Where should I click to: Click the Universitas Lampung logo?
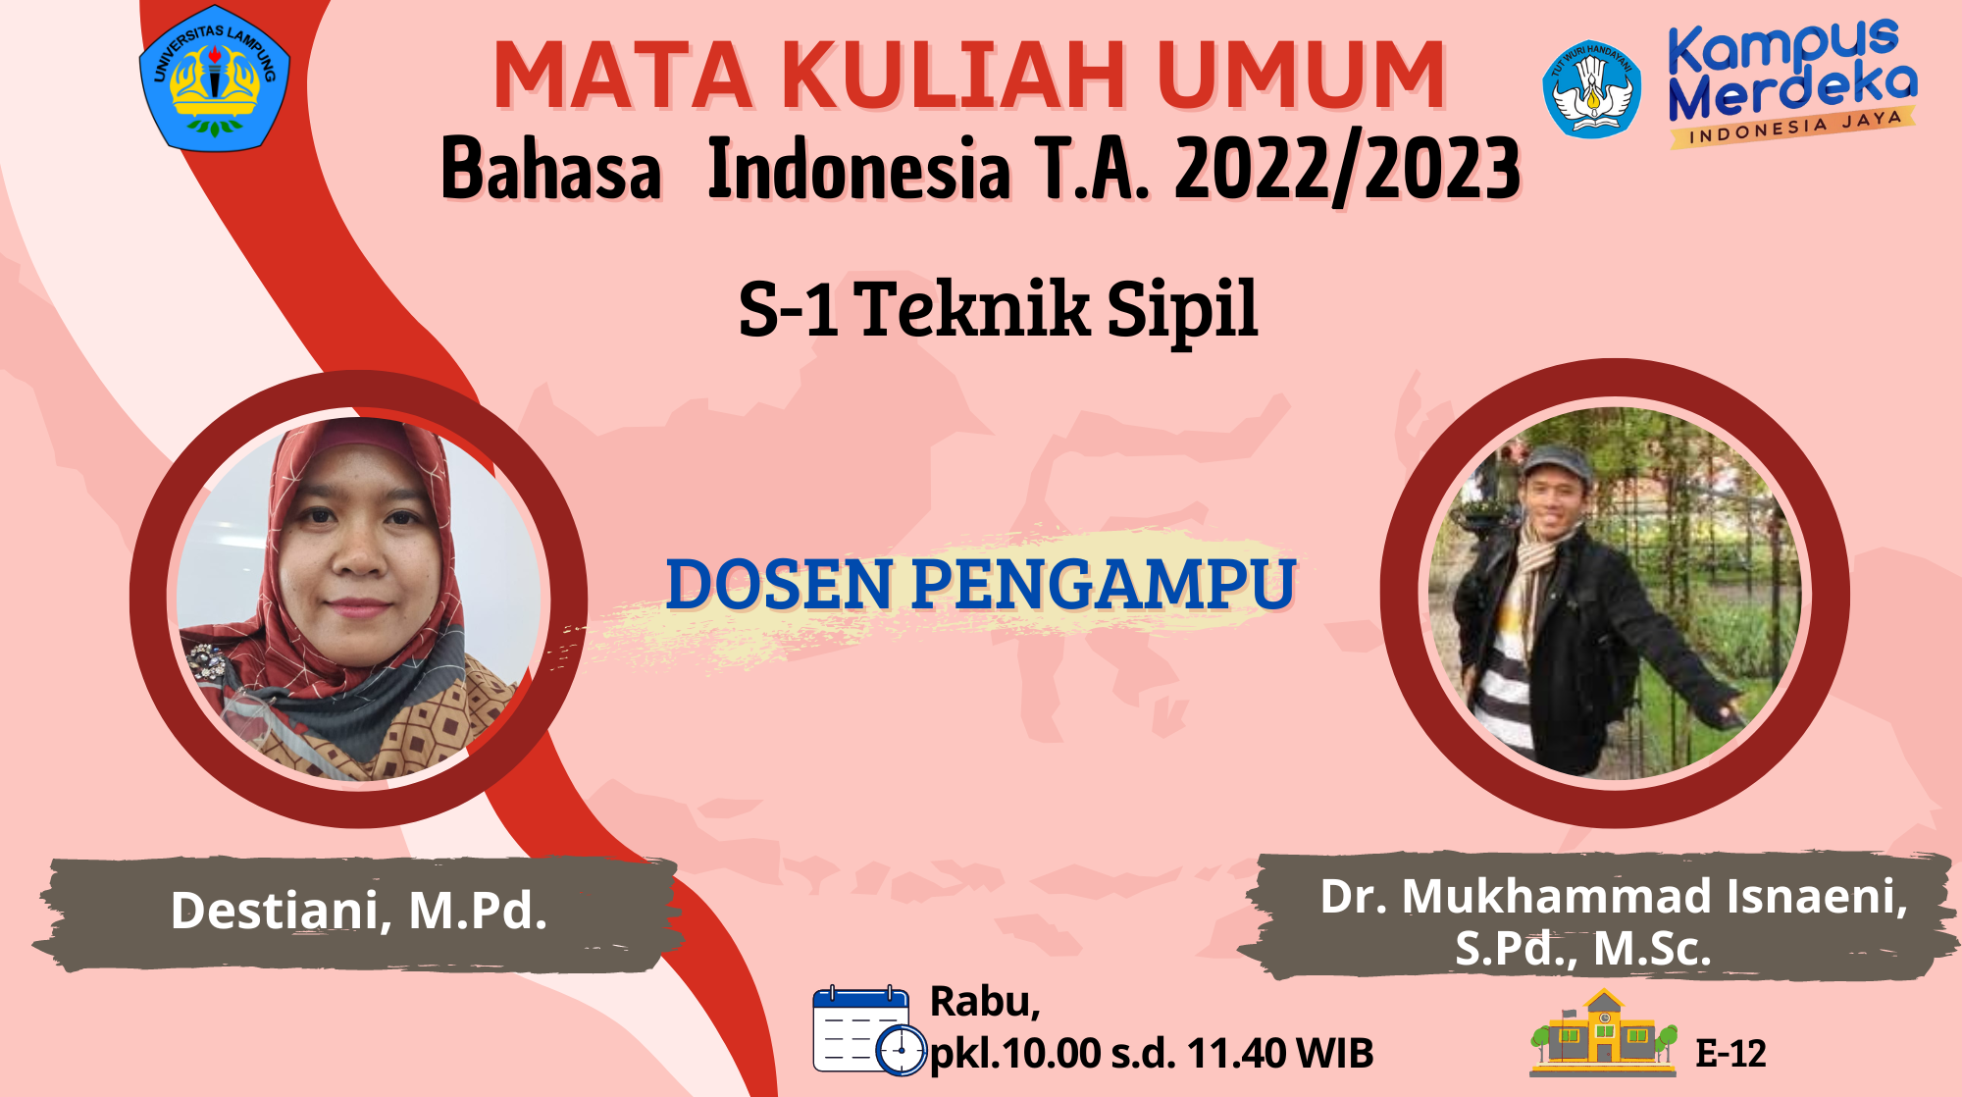coord(215,78)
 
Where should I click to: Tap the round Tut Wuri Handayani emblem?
coord(1591,89)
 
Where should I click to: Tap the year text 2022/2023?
coord(1347,169)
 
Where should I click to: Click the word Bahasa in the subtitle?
coord(551,169)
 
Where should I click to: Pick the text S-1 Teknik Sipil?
coord(999,309)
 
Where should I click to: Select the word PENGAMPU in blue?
coord(1105,585)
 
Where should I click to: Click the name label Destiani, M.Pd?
coord(359,911)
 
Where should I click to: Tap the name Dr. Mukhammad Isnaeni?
coord(1614,896)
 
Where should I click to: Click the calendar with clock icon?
coord(870,1030)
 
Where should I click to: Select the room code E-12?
coord(1730,1054)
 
